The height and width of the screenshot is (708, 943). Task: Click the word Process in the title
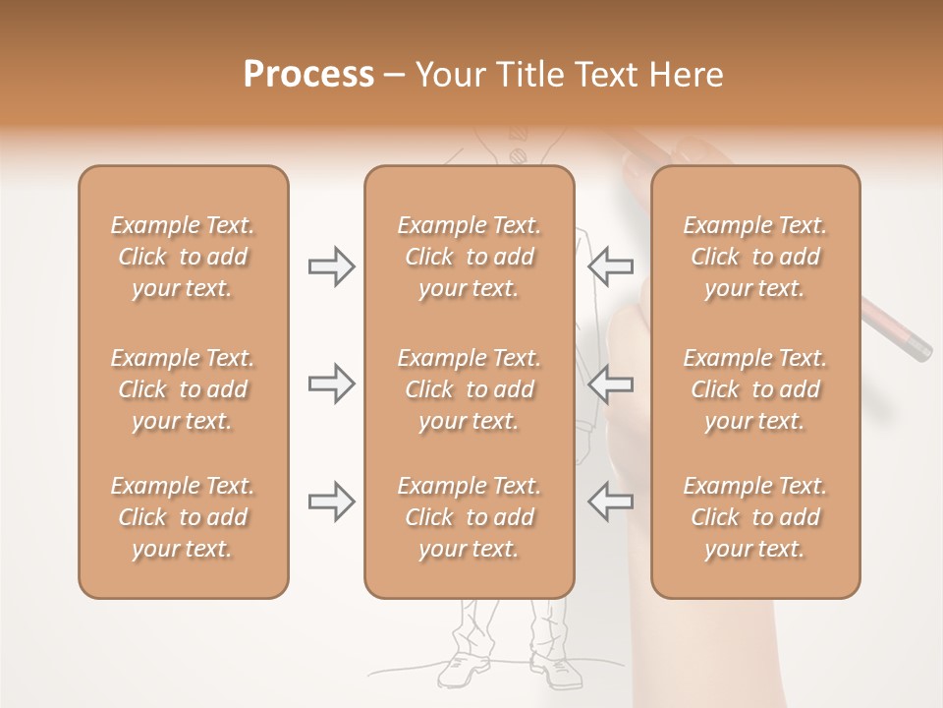pos(308,75)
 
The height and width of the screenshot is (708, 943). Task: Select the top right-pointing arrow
pos(331,266)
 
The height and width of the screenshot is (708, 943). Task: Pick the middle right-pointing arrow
pos(331,383)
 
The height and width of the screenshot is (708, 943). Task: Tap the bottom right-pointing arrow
pos(331,501)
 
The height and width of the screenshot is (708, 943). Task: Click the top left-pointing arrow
pos(610,266)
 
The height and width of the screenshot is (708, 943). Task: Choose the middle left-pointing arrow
pos(610,383)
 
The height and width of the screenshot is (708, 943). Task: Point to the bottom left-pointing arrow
pos(610,501)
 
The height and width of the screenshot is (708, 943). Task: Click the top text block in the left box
pos(183,257)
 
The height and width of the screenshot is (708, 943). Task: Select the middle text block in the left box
pos(183,389)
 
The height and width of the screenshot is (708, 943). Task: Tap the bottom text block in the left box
pos(183,517)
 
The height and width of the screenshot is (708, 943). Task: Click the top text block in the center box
pos(469,257)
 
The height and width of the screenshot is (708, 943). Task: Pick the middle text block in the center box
pos(469,389)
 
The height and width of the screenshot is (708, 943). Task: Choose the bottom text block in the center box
pos(469,517)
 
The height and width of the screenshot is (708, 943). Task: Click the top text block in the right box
pos(754,257)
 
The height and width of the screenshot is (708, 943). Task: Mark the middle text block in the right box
pos(754,389)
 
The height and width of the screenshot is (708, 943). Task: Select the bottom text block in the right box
pos(754,517)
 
